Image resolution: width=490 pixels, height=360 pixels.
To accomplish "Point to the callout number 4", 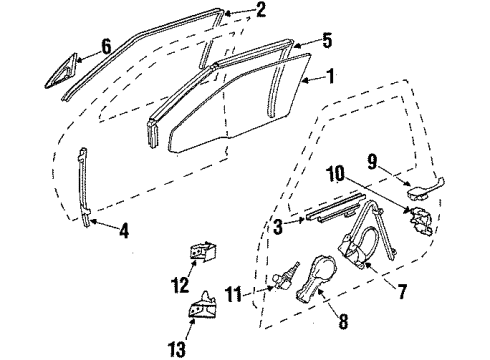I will point(123,232).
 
